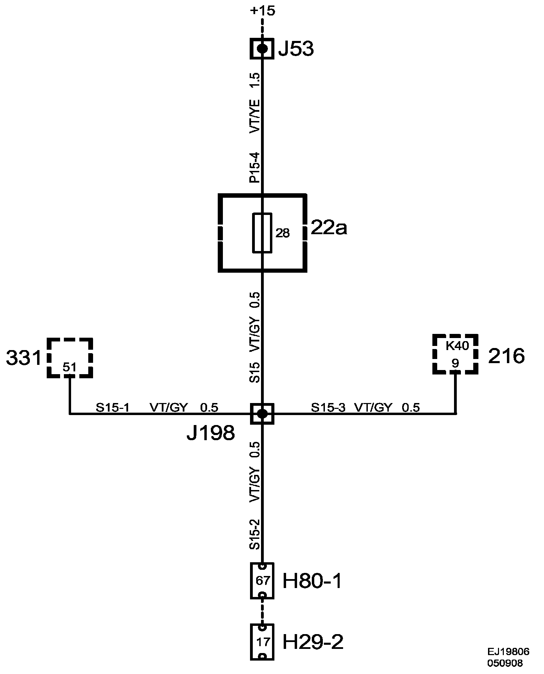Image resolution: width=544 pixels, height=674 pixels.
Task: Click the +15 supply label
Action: (262, 11)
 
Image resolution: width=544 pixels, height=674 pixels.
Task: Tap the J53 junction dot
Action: (262, 48)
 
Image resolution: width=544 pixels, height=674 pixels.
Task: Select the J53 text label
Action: (296, 49)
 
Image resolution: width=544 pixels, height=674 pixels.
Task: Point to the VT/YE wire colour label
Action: (255, 116)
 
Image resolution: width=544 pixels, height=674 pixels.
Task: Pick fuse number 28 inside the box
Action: (282, 233)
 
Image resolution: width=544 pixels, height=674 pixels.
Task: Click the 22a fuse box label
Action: (329, 228)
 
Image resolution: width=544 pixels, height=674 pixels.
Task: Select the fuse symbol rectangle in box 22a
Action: (262, 233)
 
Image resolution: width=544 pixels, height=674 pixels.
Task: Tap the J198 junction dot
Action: (262, 414)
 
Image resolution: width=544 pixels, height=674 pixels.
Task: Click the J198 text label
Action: (211, 433)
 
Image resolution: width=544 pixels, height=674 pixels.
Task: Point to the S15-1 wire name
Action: (112, 407)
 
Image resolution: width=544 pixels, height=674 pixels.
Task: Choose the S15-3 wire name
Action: (328, 407)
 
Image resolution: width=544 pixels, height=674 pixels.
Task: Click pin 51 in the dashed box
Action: (69, 367)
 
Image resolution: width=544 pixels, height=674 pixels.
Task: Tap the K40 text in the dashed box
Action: (457, 346)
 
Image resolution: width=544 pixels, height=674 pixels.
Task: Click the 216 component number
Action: (507, 356)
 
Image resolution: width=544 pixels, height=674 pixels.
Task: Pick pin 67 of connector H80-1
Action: (263, 581)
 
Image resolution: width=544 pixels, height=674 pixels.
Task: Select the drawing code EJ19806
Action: (508, 652)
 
